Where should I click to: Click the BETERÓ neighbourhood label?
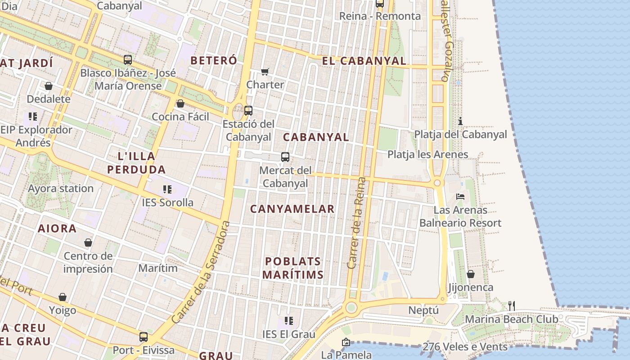[214, 60]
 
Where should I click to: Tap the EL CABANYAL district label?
[364, 61]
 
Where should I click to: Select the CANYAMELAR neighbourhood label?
[292, 209]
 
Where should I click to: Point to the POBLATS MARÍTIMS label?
[293, 268]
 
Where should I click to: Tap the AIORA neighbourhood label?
[57, 229]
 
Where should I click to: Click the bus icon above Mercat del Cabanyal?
[285, 157]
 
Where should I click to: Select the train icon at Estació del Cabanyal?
[248, 110]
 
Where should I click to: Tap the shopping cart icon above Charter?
[265, 72]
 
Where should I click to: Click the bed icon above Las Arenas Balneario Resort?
[460, 196]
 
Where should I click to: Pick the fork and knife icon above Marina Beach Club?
[511, 306]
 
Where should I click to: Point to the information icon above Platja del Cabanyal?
[460, 121]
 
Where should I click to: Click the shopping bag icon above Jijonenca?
[471, 274]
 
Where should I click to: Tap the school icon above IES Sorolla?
[167, 189]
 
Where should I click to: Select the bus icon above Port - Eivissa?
[144, 337]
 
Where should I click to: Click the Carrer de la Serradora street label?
[201, 272]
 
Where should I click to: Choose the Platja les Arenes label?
[427, 154]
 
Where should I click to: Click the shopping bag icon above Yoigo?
[63, 297]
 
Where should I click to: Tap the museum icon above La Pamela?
[346, 342]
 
